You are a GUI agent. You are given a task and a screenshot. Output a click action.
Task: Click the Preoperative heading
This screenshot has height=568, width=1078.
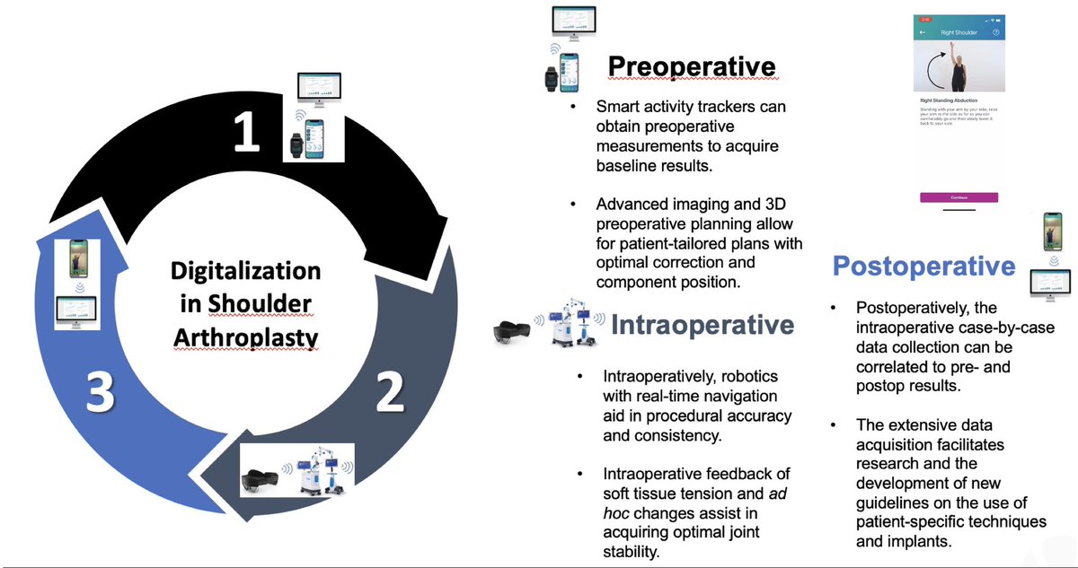(x=691, y=66)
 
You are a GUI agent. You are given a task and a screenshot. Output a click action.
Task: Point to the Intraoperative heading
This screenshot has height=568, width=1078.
(x=702, y=325)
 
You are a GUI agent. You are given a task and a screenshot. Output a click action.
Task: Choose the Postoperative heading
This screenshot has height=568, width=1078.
(x=924, y=266)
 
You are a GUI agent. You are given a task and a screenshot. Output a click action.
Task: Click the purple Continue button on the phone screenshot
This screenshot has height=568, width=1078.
(x=958, y=197)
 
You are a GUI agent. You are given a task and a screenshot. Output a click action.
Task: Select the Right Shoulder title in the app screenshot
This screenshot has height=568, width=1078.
(x=959, y=32)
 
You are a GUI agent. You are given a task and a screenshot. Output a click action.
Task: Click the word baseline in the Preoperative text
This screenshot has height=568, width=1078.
(x=625, y=165)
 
